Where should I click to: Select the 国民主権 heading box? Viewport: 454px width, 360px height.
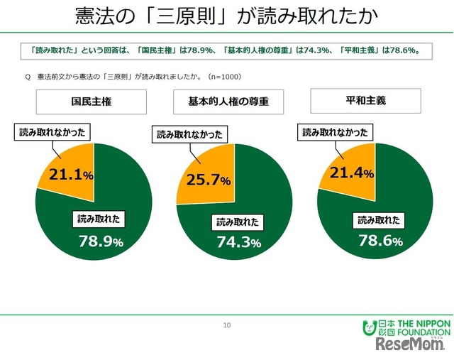click(x=92, y=102)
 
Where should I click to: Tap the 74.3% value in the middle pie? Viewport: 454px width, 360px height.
click(x=238, y=243)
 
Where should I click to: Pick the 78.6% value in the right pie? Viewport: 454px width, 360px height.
click(x=380, y=241)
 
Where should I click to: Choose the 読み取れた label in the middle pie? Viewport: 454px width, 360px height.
click(x=238, y=222)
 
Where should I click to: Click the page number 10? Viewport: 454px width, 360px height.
click(x=227, y=325)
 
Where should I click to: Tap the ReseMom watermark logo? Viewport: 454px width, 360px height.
click(x=410, y=346)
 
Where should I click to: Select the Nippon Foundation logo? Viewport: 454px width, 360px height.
click(x=406, y=327)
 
